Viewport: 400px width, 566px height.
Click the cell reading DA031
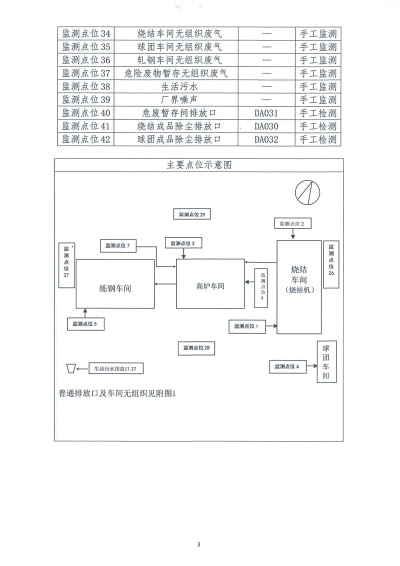click(x=265, y=113)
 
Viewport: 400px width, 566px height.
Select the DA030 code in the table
click(x=265, y=126)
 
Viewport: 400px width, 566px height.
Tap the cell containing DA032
click(x=265, y=139)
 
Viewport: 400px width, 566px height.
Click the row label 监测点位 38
click(x=85, y=86)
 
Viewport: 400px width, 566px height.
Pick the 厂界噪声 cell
click(x=178, y=99)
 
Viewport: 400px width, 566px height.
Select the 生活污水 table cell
click(x=178, y=86)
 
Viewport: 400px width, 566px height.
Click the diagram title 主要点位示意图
click(x=199, y=165)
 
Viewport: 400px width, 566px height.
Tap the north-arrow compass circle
click(x=307, y=192)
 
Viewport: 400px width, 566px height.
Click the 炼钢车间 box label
click(x=115, y=288)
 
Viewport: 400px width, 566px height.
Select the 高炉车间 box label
click(x=210, y=286)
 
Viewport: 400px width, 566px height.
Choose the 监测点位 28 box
click(x=199, y=348)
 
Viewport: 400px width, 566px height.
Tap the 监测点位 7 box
click(x=118, y=245)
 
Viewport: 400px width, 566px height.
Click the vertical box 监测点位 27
click(x=66, y=265)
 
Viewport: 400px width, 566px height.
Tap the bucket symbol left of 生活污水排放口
click(x=70, y=368)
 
